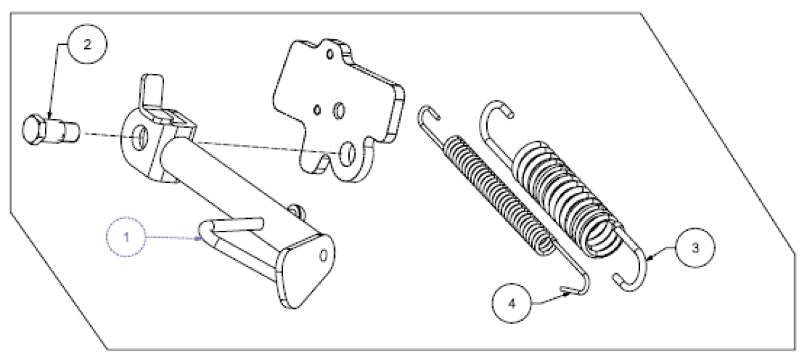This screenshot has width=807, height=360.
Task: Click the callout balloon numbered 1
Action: [x=126, y=237]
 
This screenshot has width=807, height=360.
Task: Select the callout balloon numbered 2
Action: [x=87, y=44]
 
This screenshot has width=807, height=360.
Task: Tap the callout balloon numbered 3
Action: [x=695, y=248]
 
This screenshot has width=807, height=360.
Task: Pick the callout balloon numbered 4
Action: [x=512, y=303]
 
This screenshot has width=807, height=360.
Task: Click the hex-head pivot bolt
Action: [x=50, y=130]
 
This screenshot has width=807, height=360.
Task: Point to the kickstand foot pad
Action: [x=305, y=271]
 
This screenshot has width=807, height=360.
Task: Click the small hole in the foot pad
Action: [x=323, y=256]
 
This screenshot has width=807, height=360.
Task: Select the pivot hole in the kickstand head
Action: [x=139, y=137]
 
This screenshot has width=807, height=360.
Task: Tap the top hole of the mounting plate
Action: [x=330, y=54]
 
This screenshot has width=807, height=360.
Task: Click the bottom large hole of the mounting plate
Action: [x=347, y=154]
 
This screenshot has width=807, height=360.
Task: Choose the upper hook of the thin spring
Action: [x=428, y=116]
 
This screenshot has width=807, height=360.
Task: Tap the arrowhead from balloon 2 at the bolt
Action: [x=49, y=116]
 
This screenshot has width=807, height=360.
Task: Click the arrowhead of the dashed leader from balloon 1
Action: [x=198, y=238]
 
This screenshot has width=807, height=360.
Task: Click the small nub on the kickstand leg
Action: [x=297, y=211]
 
